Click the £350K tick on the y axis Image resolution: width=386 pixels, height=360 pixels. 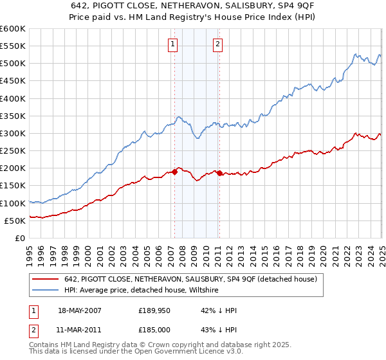(13, 116)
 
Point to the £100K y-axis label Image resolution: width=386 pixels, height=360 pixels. (13, 203)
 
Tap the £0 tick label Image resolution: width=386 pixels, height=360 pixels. (19, 238)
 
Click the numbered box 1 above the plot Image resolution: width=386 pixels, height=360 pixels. (174, 44)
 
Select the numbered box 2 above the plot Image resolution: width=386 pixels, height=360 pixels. (218, 44)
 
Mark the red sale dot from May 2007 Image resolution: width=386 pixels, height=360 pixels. (174, 172)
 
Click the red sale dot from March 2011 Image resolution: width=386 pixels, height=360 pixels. (219, 173)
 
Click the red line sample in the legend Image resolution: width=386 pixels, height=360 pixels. (45, 280)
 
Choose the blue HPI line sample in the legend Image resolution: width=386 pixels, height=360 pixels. (45, 291)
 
